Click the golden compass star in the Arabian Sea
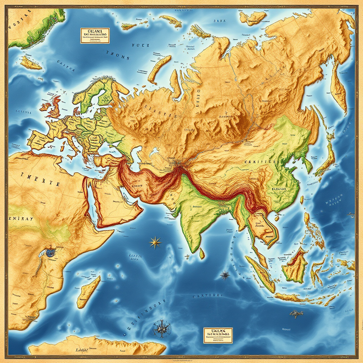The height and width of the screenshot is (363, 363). pos(155,242)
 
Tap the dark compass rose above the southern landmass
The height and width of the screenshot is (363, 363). pos(161,327)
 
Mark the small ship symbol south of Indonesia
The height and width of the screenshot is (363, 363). pos(296,313)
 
